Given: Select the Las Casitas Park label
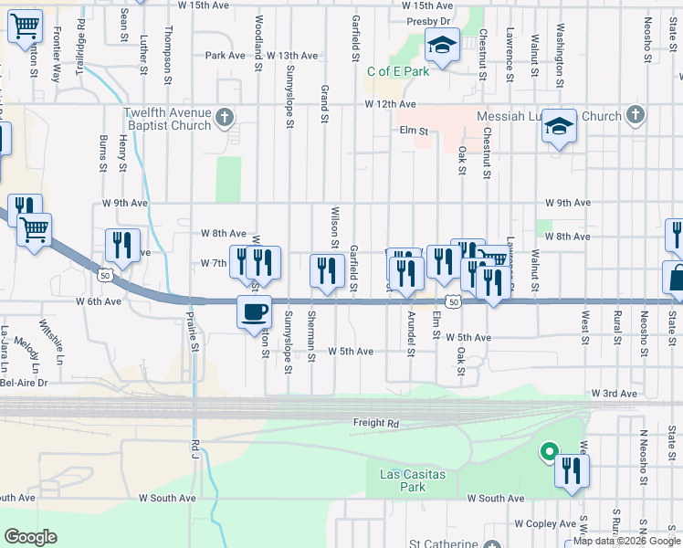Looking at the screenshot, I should click(403, 480).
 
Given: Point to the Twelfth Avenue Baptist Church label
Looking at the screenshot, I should click(167, 119).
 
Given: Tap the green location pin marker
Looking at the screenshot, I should click(549, 451).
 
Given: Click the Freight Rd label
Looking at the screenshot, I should click(376, 423).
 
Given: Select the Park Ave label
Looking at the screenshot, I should click(226, 56).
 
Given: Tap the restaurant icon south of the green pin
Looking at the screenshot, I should click(573, 471).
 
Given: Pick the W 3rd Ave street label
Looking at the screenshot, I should click(614, 393).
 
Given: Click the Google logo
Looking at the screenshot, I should click(31, 537).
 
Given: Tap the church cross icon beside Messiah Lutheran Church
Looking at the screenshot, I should click(636, 116).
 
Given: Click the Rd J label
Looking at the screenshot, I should click(195, 447).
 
